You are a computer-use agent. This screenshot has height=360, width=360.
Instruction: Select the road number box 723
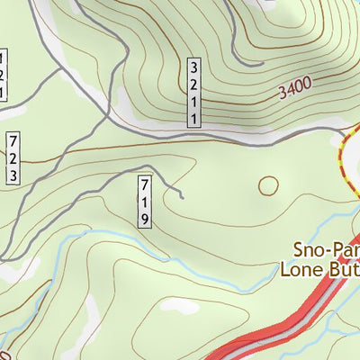13,158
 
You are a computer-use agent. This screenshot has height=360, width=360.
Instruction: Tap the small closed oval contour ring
268,186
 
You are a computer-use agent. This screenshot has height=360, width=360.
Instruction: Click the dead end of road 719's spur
182,195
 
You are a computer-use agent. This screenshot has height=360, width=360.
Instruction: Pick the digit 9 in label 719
144,218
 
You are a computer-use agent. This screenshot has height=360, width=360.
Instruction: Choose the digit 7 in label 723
13,142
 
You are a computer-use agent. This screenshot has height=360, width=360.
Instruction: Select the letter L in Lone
285,267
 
